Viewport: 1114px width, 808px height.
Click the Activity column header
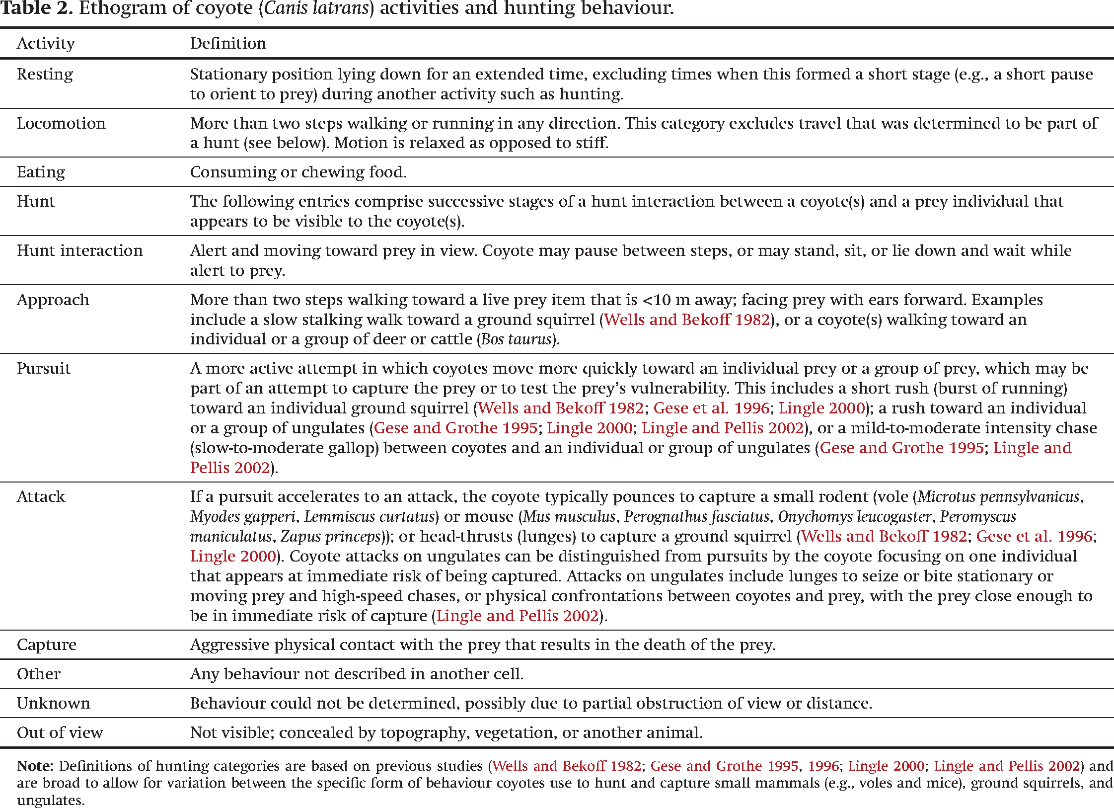pyautogui.click(x=46, y=44)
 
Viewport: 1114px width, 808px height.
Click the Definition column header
pyautogui.click(x=228, y=44)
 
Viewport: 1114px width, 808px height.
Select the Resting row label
pyautogui.click(x=45, y=75)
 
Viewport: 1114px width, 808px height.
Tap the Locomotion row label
pyautogui.click(x=61, y=123)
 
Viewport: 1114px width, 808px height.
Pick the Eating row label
pyautogui.click(x=41, y=172)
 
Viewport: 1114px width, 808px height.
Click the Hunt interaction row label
pyautogui.click(x=79, y=250)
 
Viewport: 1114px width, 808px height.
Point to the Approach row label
pyautogui.click(x=53, y=300)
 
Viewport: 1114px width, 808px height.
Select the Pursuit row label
pyautogui.click(x=44, y=368)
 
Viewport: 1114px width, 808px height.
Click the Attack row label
pyautogui.click(x=41, y=496)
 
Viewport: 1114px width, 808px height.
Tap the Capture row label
pyautogui.click(x=46, y=645)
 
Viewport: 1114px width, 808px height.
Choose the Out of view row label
pyautogui.click(x=60, y=732)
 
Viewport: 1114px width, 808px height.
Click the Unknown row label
pyautogui.click(x=53, y=703)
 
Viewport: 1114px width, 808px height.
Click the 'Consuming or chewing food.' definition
pyautogui.click(x=298, y=172)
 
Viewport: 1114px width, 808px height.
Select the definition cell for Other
pyautogui.click(x=357, y=674)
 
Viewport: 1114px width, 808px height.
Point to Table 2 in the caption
pyautogui.click(x=36, y=8)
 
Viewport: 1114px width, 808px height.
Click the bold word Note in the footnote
pyautogui.click(x=35, y=766)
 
